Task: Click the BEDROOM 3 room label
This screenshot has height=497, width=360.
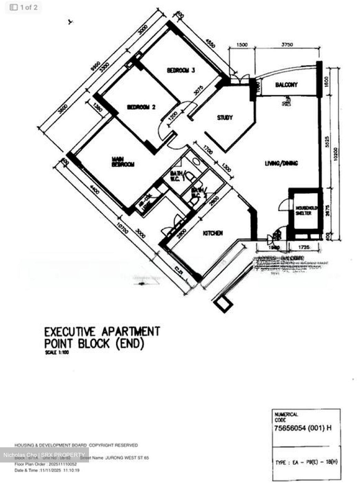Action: [x=181, y=70]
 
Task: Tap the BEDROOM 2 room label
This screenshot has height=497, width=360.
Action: [x=141, y=107]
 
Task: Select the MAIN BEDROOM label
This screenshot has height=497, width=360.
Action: [x=123, y=162]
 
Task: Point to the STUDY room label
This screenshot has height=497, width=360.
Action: [x=225, y=118]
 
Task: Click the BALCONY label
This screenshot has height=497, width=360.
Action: [x=286, y=85]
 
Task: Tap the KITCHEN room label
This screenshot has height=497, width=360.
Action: [x=212, y=233]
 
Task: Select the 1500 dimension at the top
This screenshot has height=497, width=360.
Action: [x=242, y=45]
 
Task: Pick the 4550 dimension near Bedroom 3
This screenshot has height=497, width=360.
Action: [x=210, y=45]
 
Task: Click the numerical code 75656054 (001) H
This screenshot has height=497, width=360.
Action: [x=303, y=428]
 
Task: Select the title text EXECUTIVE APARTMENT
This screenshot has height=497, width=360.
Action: [x=102, y=332]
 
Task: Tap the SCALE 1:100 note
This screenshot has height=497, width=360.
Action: [x=57, y=353]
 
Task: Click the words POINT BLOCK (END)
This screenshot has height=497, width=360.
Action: [x=94, y=344]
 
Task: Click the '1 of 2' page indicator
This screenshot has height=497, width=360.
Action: [x=24, y=7]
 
